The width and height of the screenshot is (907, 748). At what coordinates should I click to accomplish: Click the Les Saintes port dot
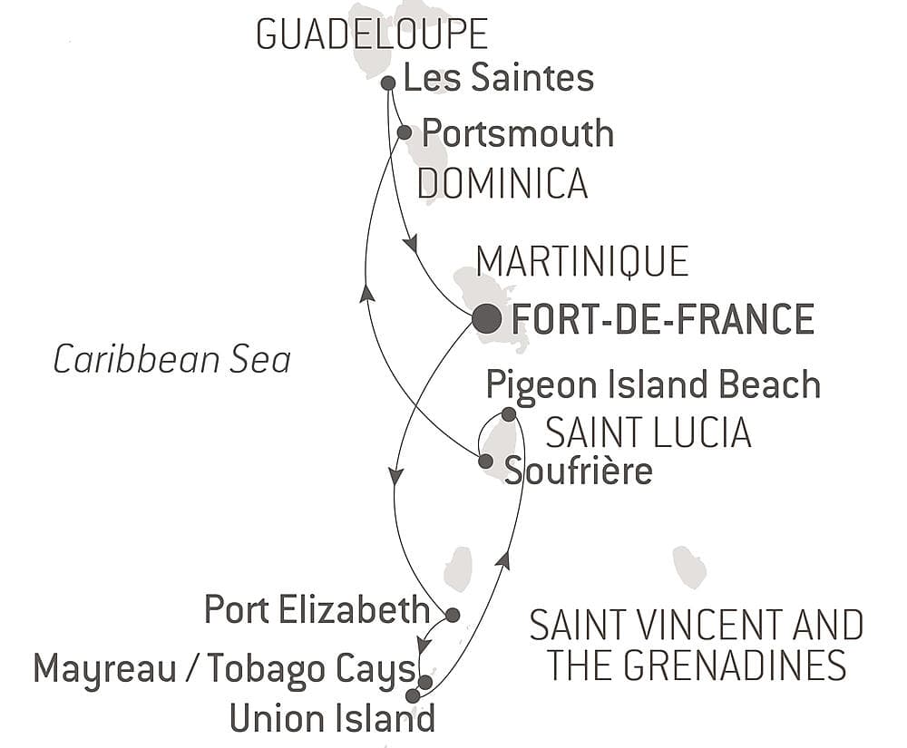point(388,83)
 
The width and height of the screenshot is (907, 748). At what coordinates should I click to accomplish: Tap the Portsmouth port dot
point(405,132)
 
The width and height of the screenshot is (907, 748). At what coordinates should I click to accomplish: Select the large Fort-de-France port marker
point(486,318)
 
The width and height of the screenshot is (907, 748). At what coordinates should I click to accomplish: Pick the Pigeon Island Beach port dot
point(509,414)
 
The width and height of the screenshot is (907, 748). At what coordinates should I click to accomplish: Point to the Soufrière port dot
point(485,461)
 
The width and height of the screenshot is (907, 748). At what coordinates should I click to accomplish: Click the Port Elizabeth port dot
point(453,614)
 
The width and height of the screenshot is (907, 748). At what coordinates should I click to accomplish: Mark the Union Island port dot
point(413,695)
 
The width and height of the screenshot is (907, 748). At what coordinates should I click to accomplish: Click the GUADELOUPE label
point(372,34)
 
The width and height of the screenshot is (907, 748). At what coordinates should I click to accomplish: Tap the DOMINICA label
point(502,184)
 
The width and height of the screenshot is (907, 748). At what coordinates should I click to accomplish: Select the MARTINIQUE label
point(582,262)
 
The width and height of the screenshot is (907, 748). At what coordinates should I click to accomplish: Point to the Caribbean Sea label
point(171,360)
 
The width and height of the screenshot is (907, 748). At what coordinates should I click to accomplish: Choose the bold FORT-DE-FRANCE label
point(663,319)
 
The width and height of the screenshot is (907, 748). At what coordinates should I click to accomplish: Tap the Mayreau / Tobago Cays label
point(224,670)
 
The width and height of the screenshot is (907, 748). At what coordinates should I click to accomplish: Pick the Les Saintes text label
point(499,78)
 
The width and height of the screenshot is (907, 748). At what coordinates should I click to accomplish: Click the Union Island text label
point(332,718)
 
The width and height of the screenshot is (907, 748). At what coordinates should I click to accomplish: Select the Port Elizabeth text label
point(316,609)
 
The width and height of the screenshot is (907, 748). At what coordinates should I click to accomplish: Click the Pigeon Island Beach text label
point(653,384)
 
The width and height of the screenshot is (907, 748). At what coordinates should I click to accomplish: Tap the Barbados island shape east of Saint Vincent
point(689,567)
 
